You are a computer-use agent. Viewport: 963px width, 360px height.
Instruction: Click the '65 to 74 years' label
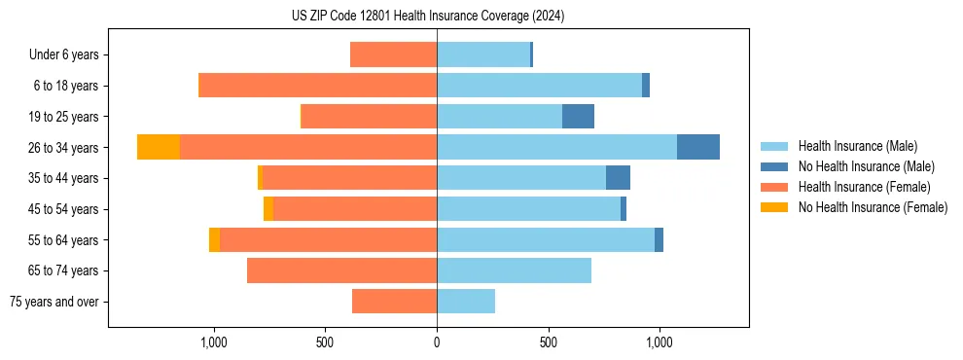pyautogui.click(x=66, y=270)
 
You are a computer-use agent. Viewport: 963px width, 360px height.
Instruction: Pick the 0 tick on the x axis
pyautogui.click(x=437, y=342)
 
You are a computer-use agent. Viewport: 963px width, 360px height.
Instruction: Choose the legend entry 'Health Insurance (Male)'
pyautogui.click(x=856, y=146)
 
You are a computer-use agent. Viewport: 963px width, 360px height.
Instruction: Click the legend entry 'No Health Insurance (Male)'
pyautogui.click(x=866, y=166)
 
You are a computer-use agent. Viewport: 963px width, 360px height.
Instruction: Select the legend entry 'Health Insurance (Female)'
pyautogui.click(x=864, y=187)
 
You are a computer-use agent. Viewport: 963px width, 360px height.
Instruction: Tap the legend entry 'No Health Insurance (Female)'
pyautogui.click(x=873, y=207)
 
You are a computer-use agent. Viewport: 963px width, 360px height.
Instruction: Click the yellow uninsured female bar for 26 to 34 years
pyautogui.click(x=159, y=147)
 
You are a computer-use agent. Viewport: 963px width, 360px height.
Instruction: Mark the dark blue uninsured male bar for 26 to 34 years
pyautogui.click(x=698, y=147)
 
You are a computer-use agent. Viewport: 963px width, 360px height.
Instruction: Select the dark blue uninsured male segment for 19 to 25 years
pyautogui.click(x=578, y=117)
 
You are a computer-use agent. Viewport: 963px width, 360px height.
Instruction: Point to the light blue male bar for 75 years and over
pyautogui.click(x=466, y=302)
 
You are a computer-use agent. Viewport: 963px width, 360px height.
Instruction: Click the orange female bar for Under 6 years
pyautogui.click(x=393, y=54)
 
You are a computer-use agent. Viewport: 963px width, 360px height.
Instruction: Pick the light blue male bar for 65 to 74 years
pyautogui.click(x=514, y=270)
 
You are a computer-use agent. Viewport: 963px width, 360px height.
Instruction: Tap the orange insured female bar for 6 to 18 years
pyautogui.click(x=318, y=86)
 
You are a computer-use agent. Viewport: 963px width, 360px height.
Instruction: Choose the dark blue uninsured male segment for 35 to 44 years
pyautogui.click(x=618, y=178)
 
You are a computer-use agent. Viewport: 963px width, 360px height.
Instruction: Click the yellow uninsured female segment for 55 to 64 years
pyautogui.click(x=214, y=239)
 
